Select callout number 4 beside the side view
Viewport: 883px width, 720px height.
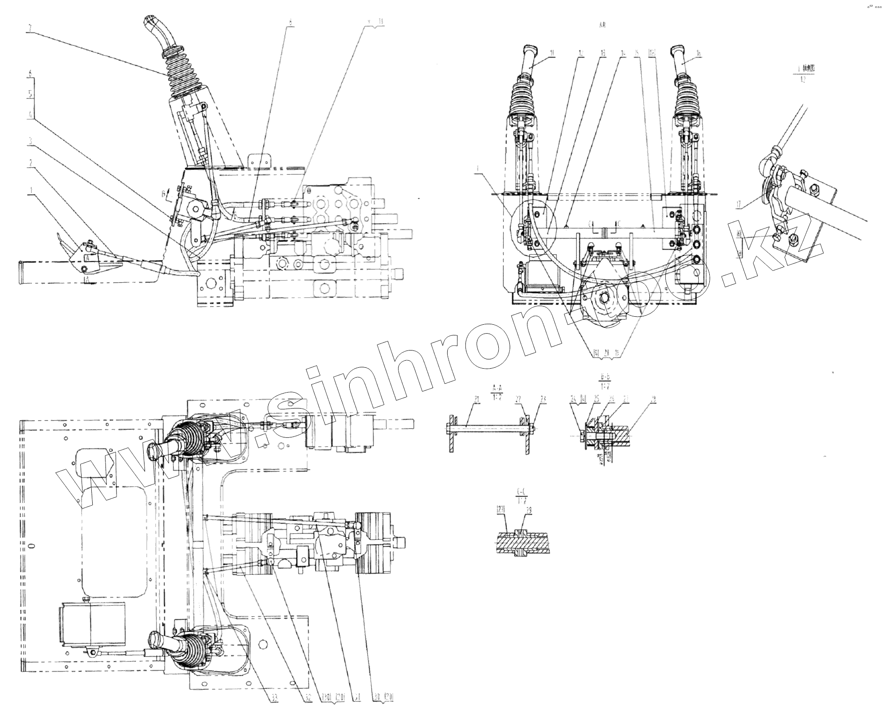click(x=30, y=114)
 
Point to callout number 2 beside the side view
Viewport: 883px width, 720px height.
click(x=30, y=163)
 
